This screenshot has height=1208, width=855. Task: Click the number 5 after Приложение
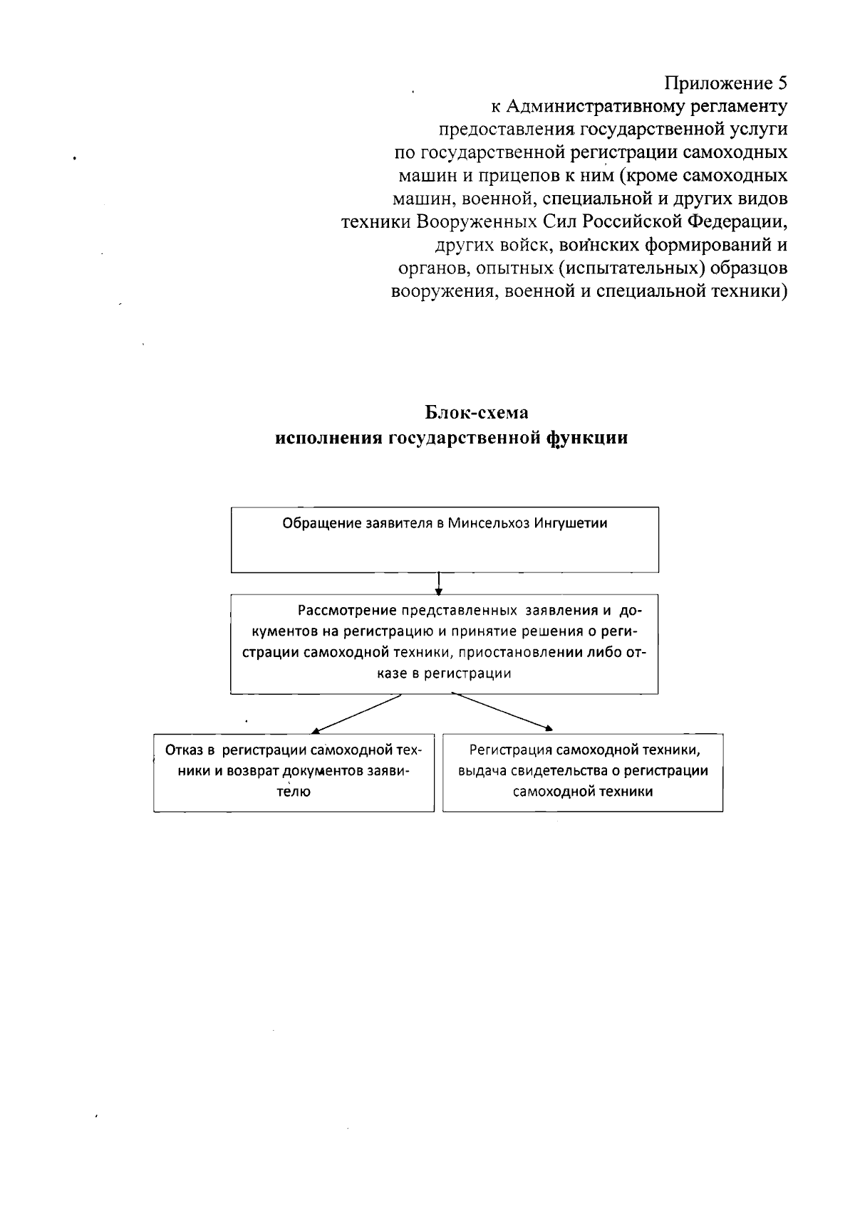(x=782, y=84)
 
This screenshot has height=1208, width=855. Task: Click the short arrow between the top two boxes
(x=440, y=583)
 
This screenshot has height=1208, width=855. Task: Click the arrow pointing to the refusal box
(x=356, y=713)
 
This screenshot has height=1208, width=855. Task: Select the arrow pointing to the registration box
(x=503, y=712)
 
